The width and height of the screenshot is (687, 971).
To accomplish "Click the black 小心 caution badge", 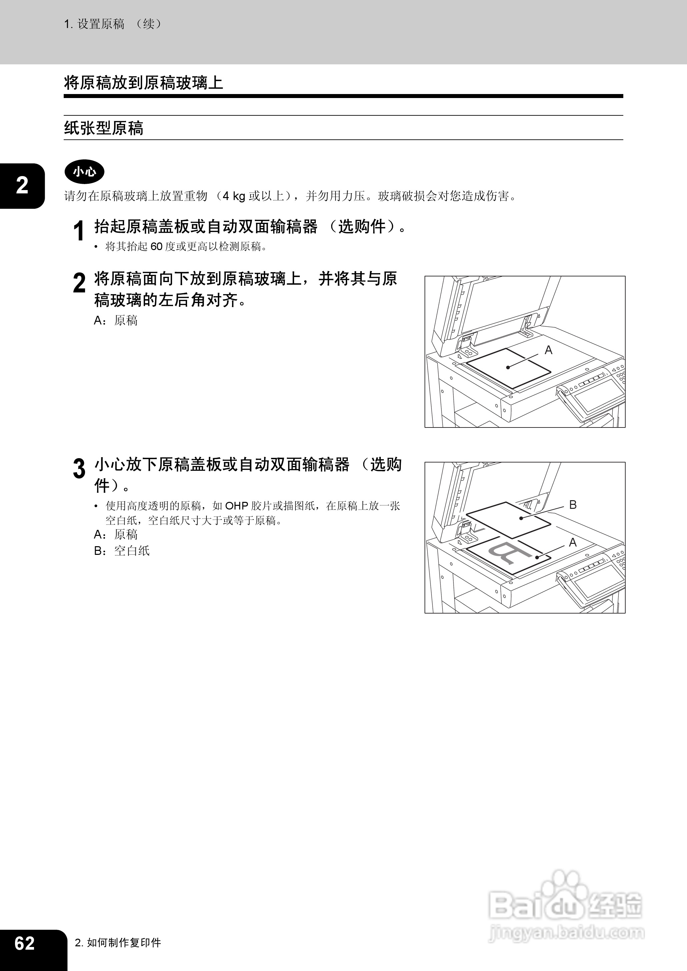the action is point(84,172).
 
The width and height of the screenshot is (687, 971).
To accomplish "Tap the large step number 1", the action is point(78,231).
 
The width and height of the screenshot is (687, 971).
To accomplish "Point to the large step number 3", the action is point(79,468).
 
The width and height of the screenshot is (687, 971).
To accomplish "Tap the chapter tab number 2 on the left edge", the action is point(22,185).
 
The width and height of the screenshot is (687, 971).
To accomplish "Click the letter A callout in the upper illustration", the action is point(548,350).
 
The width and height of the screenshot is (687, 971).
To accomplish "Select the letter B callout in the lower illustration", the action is point(573,505).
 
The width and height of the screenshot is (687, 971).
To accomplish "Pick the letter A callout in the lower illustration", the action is point(573,542).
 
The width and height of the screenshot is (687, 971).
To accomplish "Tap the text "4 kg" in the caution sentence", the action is point(234,196).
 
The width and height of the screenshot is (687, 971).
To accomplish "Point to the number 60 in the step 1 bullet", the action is point(156,246).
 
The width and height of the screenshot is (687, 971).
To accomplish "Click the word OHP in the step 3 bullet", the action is point(236,506).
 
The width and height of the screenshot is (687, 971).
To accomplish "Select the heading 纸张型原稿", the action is point(104,128).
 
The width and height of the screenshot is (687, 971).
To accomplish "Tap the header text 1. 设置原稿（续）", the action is point(113,24).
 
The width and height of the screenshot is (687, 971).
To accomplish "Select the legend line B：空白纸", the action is point(122,551).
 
